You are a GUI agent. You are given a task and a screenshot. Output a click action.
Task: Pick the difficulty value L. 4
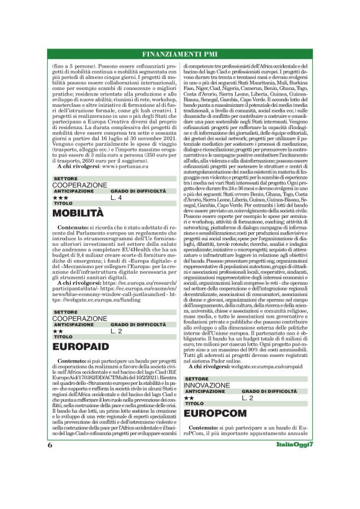click(x=116, y=197)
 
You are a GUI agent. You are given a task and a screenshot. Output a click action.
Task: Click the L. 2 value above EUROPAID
click(x=116, y=331)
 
